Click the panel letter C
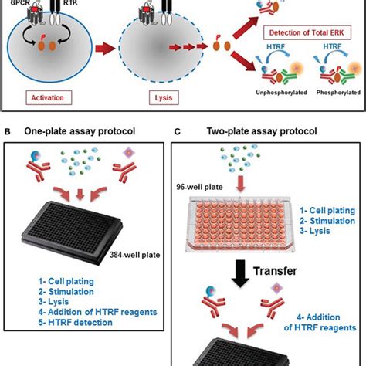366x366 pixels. (178, 131)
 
